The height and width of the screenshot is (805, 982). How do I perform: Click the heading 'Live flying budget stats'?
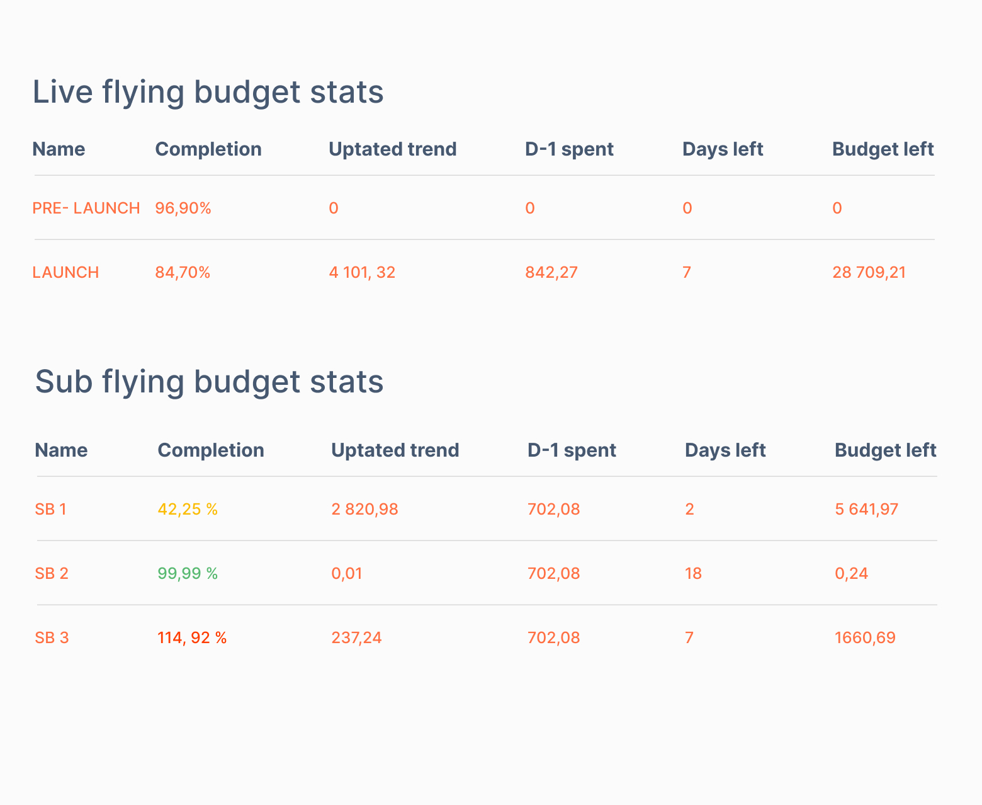pyautogui.click(x=208, y=92)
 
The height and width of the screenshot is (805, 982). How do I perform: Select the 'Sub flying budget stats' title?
pyautogui.click(x=209, y=382)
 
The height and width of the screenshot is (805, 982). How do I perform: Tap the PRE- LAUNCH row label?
pyautogui.click(x=86, y=208)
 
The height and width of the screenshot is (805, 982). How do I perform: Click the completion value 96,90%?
pyautogui.click(x=183, y=208)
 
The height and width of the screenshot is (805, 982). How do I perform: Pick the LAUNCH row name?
pyautogui.click(x=65, y=272)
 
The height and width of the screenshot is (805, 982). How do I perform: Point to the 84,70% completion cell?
pyautogui.click(x=183, y=272)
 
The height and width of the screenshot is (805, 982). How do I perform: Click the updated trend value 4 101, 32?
pyautogui.click(x=362, y=272)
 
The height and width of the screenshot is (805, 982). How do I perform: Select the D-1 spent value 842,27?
pyautogui.click(x=551, y=272)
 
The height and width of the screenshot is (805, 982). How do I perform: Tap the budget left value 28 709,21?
pyautogui.click(x=869, y=272)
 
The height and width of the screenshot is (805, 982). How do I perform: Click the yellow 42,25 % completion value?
pyautogui.click(x=188, y=509)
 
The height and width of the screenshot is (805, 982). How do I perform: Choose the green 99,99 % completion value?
pyautogui.click(x=188, y=573)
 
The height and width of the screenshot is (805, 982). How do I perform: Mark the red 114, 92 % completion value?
pyautogui.click(x=192, y=637)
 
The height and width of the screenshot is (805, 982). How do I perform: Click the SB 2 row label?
pyautogui.click(x=52, y=573)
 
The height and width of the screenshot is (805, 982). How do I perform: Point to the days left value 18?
pyautogui.click(x=693, y=573)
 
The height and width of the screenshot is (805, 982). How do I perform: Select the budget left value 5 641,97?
pyautogui.click(x=866, y=509)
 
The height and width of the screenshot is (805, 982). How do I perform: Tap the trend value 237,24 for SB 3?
pyautogui.click(x=356, y=637)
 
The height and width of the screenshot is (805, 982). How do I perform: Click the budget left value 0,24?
pyautogui.click(x=851, y=573)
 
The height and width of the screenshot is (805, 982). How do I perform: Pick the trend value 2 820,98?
pyautogui.click(x=364, y=509)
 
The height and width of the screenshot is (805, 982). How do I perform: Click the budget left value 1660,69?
pyautogui.click(x=865, y=637)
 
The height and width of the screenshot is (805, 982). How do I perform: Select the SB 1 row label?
pyautogui.click(x=50, y=509)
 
